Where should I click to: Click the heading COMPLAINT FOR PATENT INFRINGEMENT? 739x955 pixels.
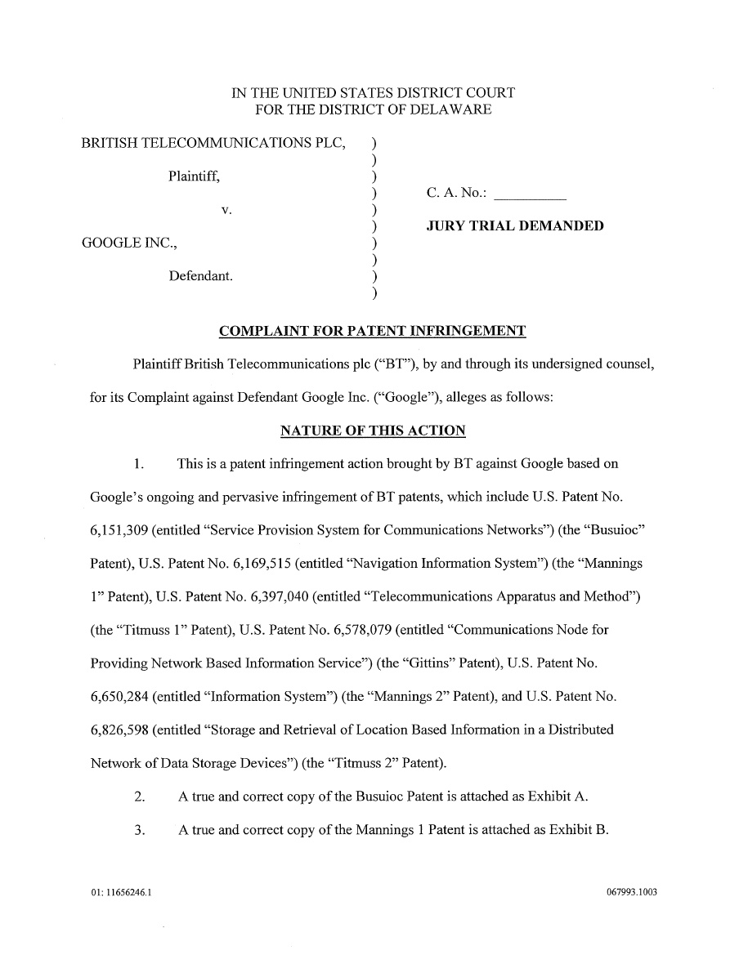pyautogui.click(x=373, y=332)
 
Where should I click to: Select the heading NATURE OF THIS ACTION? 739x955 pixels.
pyautogui.click(x=373, y=431)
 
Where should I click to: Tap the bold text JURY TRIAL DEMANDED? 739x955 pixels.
pyautogui.click(x=515, y=225)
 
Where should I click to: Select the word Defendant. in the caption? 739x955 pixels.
pyautogui.click(x=200, y=276)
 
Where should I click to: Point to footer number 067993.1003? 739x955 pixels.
pyautogui.click(x=627, y=892)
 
